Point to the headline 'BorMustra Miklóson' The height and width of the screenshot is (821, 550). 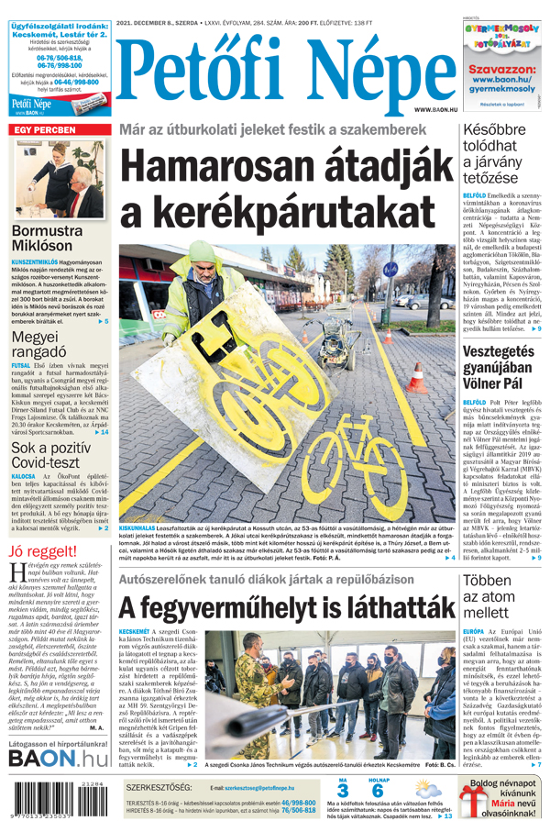[55, 239]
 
